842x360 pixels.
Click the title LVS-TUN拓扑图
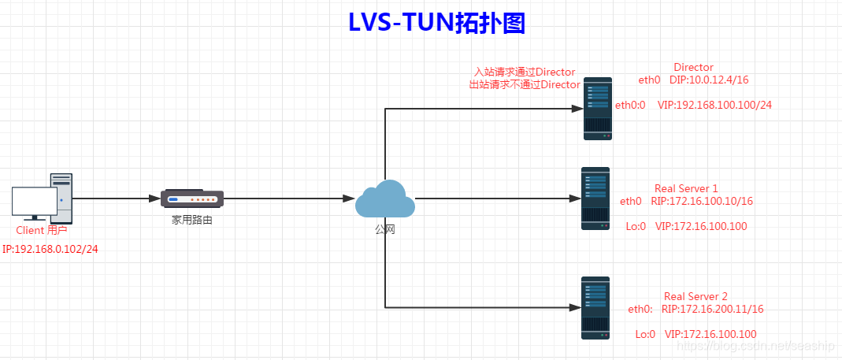436,24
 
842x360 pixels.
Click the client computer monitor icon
34,202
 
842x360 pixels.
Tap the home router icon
192,198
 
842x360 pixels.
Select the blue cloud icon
384,199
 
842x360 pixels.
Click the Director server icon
598,109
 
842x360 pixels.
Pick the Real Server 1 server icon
595,199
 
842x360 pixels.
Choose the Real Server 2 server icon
595,307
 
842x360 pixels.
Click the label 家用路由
192,221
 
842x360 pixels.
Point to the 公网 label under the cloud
384,228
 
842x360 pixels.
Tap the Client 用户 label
42,231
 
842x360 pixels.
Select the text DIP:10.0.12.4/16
709,80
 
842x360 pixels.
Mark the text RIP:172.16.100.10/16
702,202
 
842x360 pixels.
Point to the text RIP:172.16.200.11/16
713,310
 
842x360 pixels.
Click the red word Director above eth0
693,68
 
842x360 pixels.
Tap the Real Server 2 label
695,296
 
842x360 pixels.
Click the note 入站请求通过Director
524,72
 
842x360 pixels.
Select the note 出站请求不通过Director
524,84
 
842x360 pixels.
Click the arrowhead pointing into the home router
155,199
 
